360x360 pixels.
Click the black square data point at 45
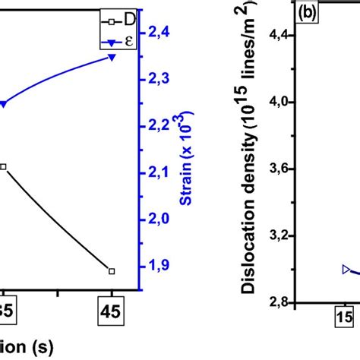[x=112, y=271]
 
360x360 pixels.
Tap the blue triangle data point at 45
[x=112, y=57]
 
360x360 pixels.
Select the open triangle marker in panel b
[x=347, y=269]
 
